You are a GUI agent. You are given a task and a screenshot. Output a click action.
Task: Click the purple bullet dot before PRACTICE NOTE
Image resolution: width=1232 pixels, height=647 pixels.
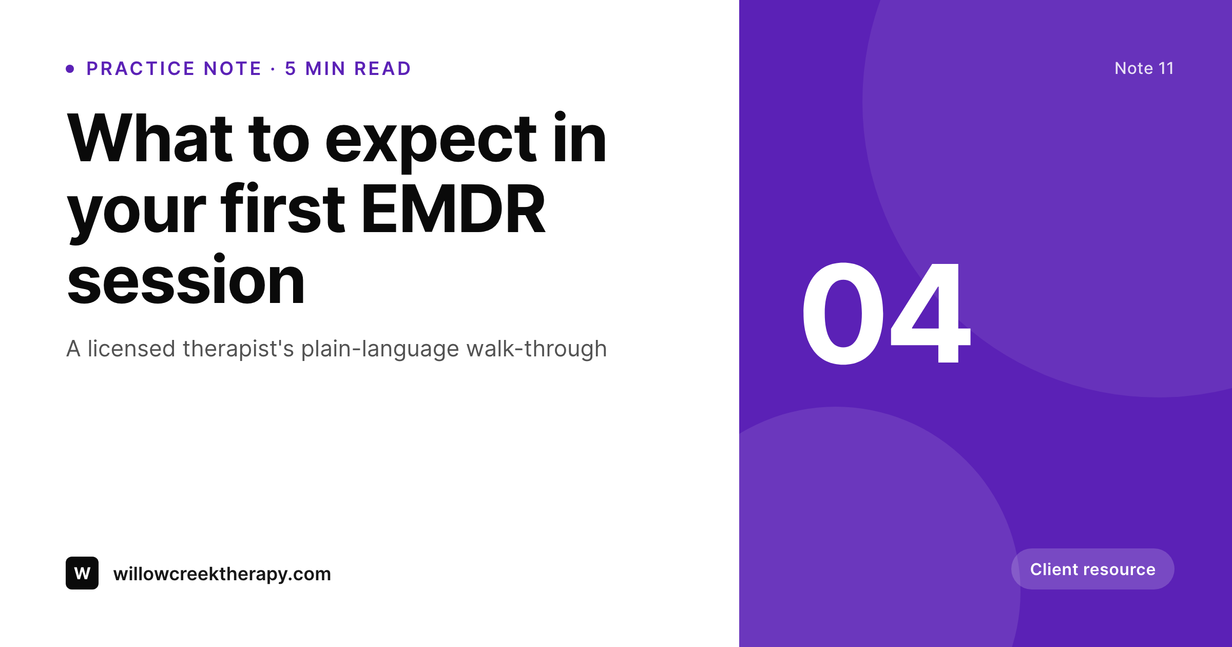pyautogui.click(x=70, y=69)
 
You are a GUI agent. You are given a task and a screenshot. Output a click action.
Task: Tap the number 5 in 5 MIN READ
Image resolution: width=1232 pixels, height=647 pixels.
pyautogui.click(x=291, y=68)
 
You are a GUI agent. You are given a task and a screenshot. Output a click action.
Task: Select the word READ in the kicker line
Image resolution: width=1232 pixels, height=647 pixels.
pyautogui.click(x=383, y=68)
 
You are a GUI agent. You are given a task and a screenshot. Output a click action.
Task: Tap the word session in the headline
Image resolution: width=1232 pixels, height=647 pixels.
pyautogui.click(x=186, y=280)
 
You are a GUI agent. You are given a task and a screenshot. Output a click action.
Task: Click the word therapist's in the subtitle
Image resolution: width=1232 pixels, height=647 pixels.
pyautogui.click(x=239, y=349)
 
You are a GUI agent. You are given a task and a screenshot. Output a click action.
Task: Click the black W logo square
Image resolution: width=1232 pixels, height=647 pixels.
pyautogui.click(x=82, y=573)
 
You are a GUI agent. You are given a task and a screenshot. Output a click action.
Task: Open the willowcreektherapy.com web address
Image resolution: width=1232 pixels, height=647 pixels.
pyautogui.click(x=222, y=574)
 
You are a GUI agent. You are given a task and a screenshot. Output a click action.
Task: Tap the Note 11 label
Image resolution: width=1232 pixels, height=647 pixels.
pyautogui.click(x=1144, y=68)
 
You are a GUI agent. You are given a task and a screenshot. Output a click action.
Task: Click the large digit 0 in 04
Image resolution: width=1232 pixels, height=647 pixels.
pyautogui.click(x=843, y=313)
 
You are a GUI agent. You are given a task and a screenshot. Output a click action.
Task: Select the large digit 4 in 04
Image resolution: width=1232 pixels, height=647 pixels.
pyautogui.click(x=930, y=313)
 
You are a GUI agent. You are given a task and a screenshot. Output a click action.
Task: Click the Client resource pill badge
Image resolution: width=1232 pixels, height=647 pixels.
pyautogui.click(x=1093, y=569)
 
